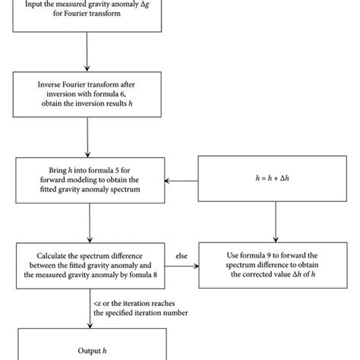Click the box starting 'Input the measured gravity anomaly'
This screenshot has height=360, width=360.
pyautogui.click(x=90, y=15)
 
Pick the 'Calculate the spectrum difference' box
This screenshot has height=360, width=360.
pyautogui.click(x=90, y=266)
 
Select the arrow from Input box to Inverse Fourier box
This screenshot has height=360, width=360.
pyautogui.click(x=90, y=52)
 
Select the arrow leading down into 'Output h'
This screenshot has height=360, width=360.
pyautogui.click(x=90, y=311)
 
